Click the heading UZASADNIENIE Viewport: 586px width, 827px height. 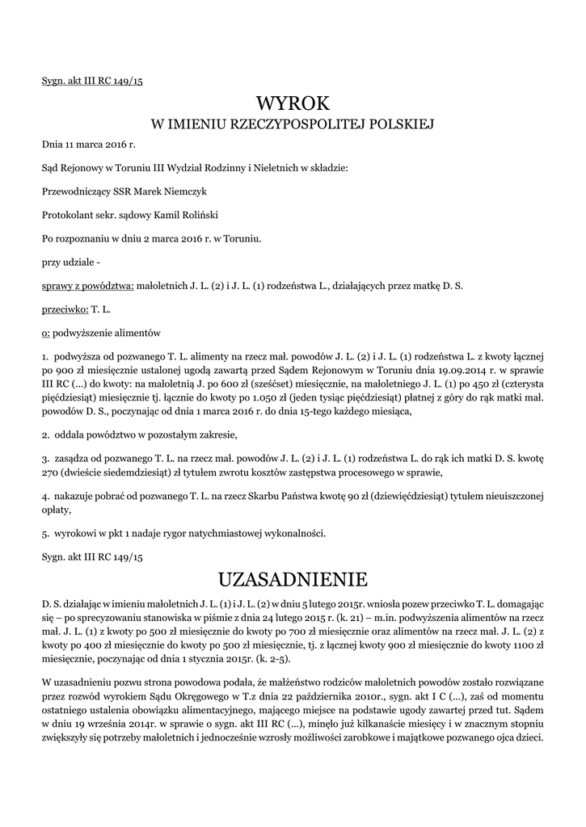click(x=293, y=580)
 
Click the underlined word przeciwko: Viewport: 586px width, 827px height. click(x=65, y=309)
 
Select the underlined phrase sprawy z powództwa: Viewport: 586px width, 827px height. click(x=89, y=286)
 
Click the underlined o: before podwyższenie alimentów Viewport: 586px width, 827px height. click(x=46, y=333)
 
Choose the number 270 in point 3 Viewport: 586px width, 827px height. click(x=52, y=472)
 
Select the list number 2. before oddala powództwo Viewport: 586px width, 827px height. click(x=46, y=435)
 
